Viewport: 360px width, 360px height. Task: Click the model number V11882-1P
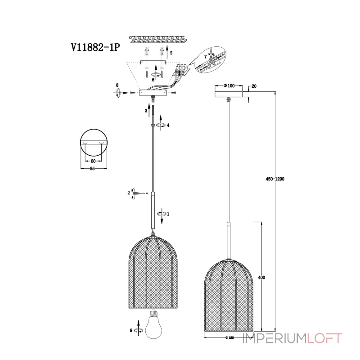[x=95, y=48]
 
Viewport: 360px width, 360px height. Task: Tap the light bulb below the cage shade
[x=153, y=324]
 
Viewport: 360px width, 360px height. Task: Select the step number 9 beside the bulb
[x=131, y=330]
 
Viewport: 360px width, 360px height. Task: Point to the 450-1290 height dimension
[x=275, y=179]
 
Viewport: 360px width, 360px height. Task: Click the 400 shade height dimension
[x=261, y=277]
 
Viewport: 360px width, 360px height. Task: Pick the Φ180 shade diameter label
[x=229, y=337]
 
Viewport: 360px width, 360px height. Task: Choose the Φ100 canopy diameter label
[x=229, y=85]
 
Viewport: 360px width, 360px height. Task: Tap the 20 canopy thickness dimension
[x=254, y=86]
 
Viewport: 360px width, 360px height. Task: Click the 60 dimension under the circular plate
[x=93, y=161]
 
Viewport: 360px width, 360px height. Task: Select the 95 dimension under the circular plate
[x=92, y=168]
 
